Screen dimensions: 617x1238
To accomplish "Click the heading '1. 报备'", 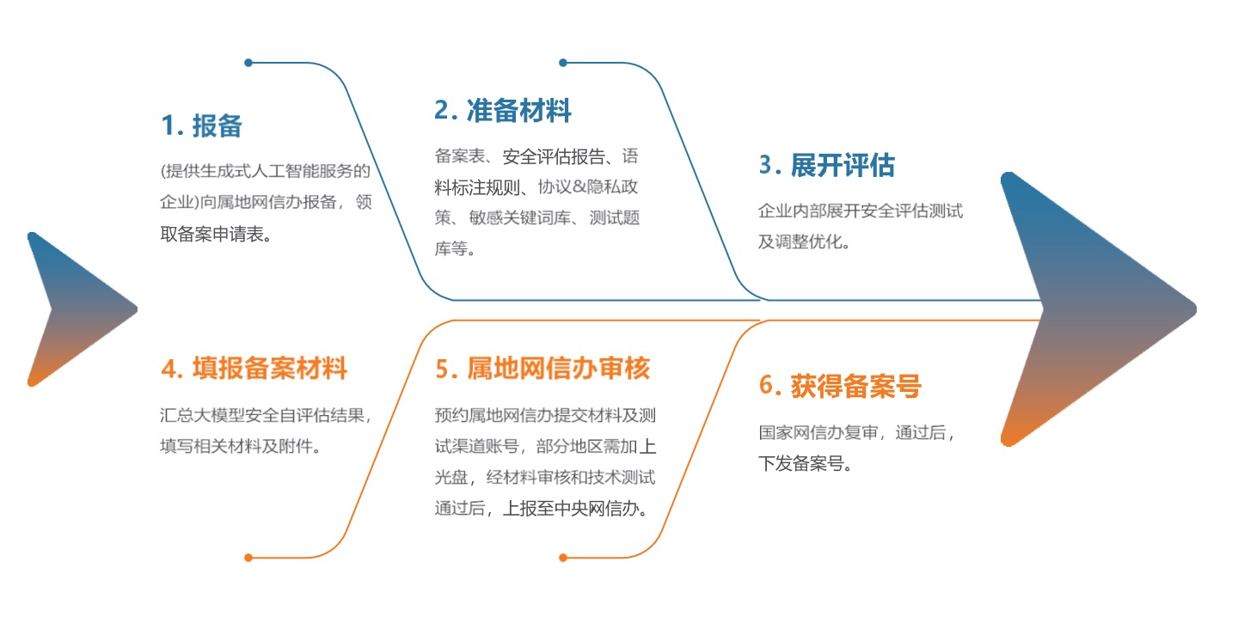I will (202, 126).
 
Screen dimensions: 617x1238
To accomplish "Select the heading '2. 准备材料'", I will (503, 111).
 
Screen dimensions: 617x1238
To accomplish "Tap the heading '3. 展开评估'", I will (827, 165).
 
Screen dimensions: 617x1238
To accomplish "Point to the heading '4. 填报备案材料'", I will (254, 369).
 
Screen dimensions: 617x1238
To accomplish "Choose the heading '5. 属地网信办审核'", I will (542, 369).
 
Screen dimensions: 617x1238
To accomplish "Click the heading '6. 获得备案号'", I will (840, 386).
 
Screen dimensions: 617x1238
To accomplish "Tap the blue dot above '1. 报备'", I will (248, 63).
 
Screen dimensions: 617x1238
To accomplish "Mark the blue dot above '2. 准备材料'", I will (563, 63).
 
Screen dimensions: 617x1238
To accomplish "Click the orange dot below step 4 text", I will (248, 558).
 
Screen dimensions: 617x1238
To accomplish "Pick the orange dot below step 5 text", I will (563, 558).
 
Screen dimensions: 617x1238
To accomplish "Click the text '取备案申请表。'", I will (216, 235).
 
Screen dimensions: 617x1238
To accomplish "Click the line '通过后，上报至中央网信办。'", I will (541, 508).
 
